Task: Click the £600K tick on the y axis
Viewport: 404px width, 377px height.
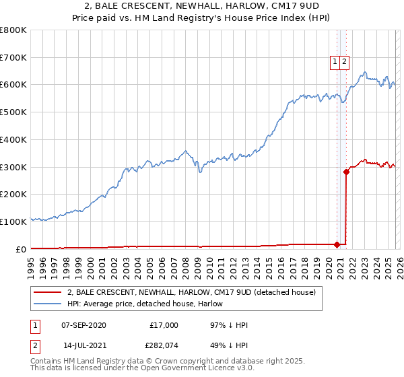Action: [x=13, y=85]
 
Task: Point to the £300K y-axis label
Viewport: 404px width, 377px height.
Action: [x=13, y=167]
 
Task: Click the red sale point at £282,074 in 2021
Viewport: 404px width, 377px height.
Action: [x=346, y=172]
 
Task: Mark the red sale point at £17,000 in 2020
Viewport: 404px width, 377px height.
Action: [x=337, y=244]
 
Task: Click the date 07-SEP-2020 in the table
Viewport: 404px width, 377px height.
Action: [x=83, y=325]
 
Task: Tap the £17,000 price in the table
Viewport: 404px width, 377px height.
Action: [x=164, y=325]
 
